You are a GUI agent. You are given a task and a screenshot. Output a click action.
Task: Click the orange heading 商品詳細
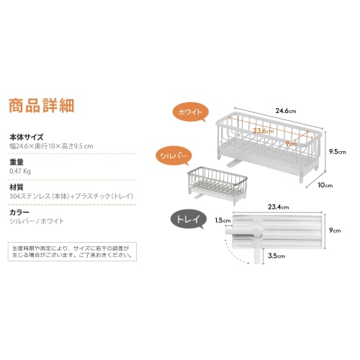tap(42, 105)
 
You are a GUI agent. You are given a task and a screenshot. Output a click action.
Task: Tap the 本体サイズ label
tap(27, 137)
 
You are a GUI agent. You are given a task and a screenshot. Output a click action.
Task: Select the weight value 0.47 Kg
tap(20, 171)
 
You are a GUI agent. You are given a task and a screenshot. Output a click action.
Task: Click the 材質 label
tap(17, 187)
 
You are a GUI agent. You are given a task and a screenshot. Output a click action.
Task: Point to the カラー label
tap(19, 212)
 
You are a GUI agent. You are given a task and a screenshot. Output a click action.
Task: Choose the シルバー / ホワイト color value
tap(37, 221)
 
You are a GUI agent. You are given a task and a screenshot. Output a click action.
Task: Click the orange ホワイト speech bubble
tap(191, 112)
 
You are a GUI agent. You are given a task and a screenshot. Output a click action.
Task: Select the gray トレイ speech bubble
tap(189, 219)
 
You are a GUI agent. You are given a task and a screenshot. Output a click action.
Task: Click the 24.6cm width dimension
tap(286, 111)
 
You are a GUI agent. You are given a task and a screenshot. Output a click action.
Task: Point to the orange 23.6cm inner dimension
tap(263, 131)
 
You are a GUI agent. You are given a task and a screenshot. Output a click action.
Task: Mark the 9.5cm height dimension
tap(338, 152)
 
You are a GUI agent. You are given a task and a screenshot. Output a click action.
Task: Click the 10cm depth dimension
tap(325, 185)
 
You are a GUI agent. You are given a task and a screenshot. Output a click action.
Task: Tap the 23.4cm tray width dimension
tap(279, 207)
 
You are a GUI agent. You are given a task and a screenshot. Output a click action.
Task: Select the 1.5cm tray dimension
tap(222, 220)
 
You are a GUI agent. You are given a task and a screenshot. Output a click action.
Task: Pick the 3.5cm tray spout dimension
tap(276, 256)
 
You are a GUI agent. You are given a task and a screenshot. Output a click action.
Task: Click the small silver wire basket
tap(217, 185)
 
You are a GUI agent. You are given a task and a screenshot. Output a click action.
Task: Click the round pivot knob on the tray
tap(257, 233)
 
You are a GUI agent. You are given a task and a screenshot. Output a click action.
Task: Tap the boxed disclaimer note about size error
tap(72, 251)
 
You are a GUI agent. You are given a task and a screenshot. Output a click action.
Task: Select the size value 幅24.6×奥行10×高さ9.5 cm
tap(51, 146)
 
